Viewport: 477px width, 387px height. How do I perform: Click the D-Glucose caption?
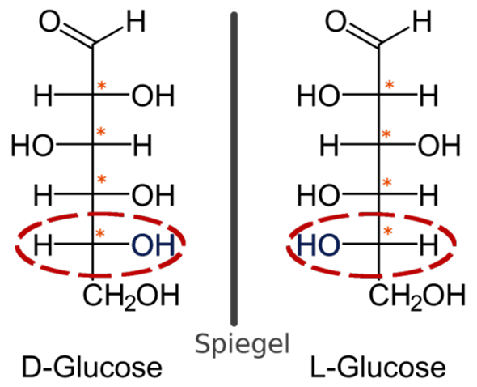pyautogui.click(x=92, y=368)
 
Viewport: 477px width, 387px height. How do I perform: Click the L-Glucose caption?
pyautogui.click(x=378, y=368)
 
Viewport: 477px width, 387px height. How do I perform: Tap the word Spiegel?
pyautogui.click(x=243, y=344)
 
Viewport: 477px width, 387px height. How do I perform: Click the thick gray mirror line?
pyautogui.click(x=234, y=169)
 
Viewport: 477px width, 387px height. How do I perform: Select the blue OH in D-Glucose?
pyautogui.click(x=153, y=245)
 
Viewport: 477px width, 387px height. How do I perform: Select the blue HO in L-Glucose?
pyautogui.click(x=319, y=245)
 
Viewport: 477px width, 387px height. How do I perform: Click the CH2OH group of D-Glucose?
pyautogui.click(x=132, y=296)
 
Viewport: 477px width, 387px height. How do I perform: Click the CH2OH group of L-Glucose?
pyautogui.click(x=417, y=296)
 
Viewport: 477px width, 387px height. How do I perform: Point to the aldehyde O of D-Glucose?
pyautogui.click(x=49, y=21)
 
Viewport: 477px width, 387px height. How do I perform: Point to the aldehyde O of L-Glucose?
pyautogui.click(x=336, y=21)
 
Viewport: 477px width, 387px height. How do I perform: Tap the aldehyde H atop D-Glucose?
pyautogui.click(x=136, y=22)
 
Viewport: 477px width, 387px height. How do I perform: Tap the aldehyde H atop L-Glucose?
pyautogui.click(x=422, y=22)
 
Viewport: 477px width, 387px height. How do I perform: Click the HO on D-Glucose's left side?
pyautogui.click(x=33, y=146)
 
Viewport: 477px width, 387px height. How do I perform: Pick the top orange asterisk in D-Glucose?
pyautogui.click(x=102, y=86)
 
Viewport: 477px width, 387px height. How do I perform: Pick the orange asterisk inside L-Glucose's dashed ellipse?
pyautogui.click(x=387, y=232)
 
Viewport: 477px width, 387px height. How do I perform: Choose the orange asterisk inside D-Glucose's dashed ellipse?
pyautogui.click(x=100, y=234)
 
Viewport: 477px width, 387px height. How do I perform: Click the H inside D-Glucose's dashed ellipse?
pyautogui.click(x=43, y=245)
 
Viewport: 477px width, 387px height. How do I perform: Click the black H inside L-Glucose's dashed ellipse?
pyautogui.click(x=428, y=245)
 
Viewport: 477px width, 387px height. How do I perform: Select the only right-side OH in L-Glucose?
pyautogui.click(x=439, y=146)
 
